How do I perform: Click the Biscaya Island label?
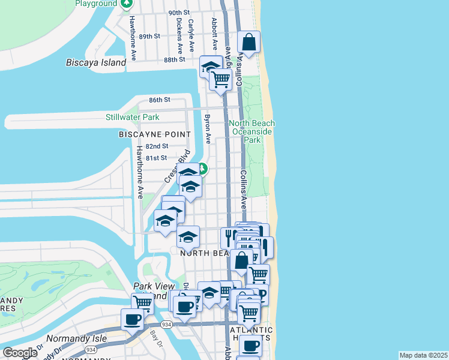click(x=95, y=62)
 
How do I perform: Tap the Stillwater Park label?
click(x=133, y=117)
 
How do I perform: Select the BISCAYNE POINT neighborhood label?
click(x=154, y=134)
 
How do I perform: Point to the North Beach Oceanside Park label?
click(x=252, y=131)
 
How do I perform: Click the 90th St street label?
click(x=179, y=13)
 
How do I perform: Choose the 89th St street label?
click(x=149, y=36)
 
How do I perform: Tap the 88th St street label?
click(x=174, y=60)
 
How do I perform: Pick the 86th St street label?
click(x=160, y=100)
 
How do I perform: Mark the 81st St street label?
click(x=156, y=158)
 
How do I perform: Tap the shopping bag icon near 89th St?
click(x=249, y=42)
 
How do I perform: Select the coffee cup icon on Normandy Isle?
click(x=132, y=319)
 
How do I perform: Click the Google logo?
click(x=20, y=353)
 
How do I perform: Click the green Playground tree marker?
click(x=127, y=4)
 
